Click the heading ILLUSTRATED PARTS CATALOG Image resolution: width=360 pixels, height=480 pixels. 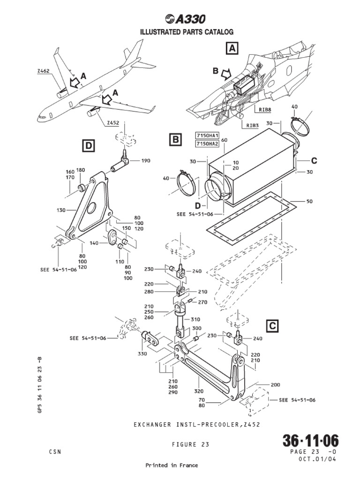coord(180,31)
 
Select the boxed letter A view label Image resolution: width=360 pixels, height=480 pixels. coord(232,48)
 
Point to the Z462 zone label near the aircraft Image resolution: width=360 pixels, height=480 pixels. coord(43,71)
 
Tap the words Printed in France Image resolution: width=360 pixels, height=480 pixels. coord(172,465)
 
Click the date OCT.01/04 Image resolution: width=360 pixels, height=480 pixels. coord(318,459)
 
